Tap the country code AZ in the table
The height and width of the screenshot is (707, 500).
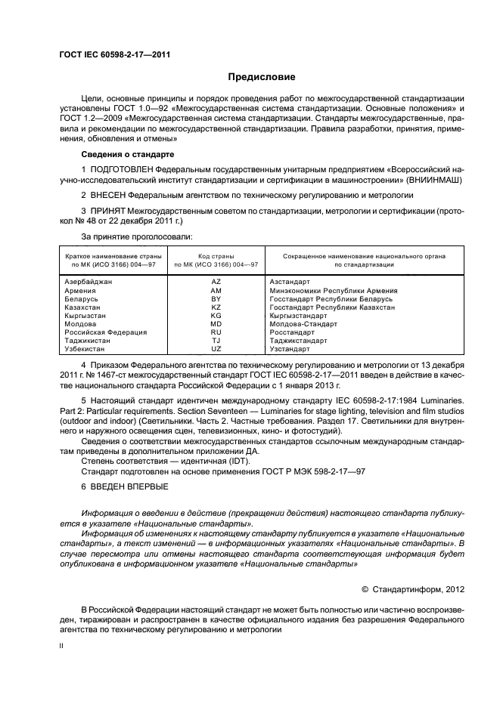(x=216, y=281)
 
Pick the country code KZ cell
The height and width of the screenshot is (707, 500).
(x=216, y=307)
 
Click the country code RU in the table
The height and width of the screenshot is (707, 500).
(x=216, y=332)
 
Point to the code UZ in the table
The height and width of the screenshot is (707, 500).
(x=216, y=349)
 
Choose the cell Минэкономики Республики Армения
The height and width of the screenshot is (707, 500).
(x=334, y=290)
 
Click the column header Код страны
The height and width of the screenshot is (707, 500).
(x=216, y=256)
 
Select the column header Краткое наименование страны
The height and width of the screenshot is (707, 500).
(x=110, y=256)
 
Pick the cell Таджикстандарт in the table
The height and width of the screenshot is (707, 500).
(x=298, y=341)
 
